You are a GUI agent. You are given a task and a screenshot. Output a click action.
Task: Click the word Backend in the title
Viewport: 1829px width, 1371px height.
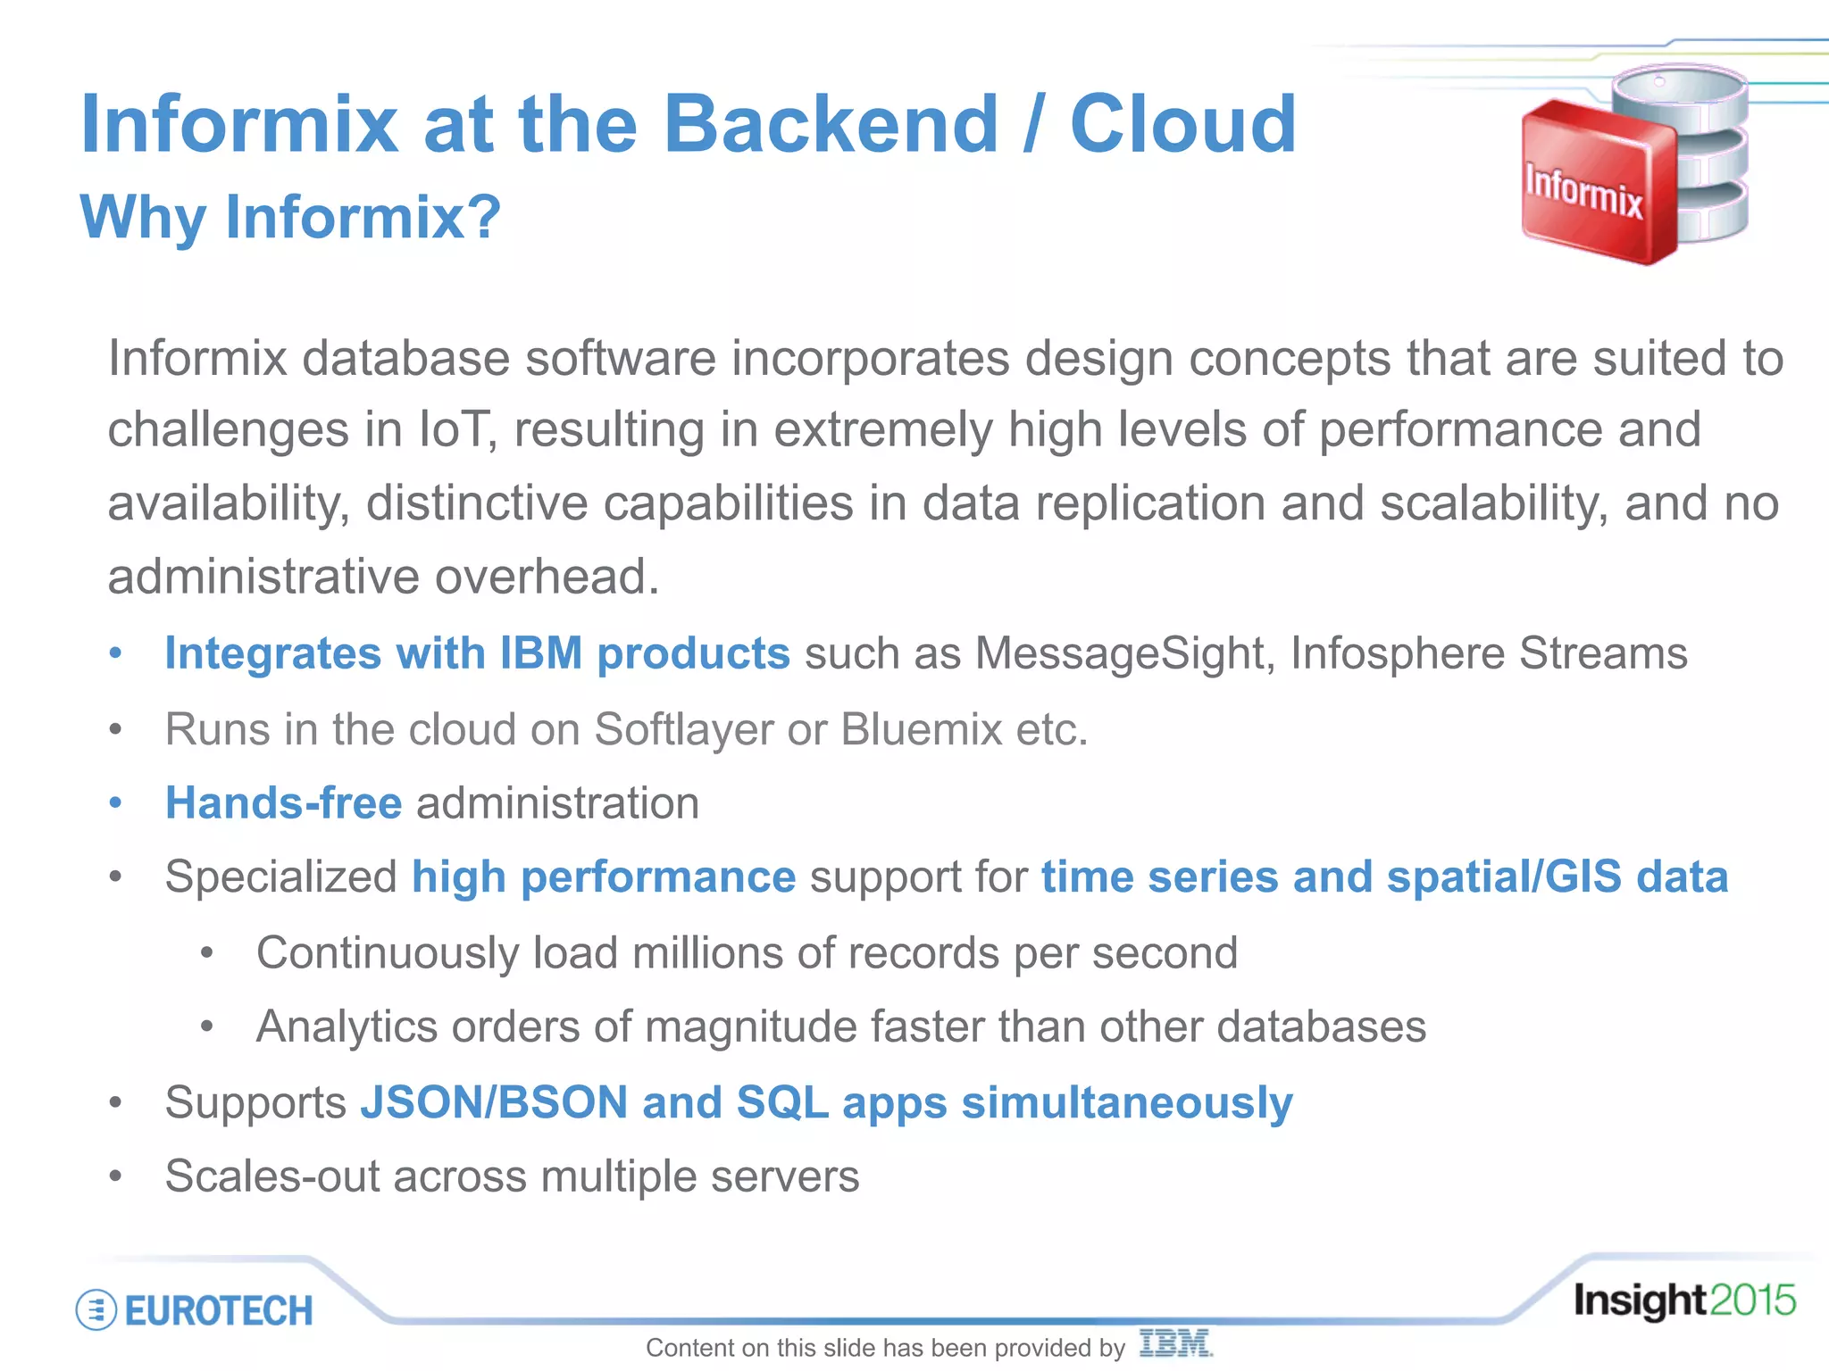[831, 125]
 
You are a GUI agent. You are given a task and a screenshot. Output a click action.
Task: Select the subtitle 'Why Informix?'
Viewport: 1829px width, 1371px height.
[290, 217]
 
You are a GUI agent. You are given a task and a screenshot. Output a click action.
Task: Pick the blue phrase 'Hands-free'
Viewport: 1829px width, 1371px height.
[284, 803]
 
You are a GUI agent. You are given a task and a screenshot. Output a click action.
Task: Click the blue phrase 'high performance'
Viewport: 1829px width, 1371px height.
[603, 877]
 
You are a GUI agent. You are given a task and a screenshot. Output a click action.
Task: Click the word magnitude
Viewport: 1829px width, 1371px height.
[750, 1026]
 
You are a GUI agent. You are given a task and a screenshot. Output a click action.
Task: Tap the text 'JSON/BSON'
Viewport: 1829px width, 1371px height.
[494, 1102]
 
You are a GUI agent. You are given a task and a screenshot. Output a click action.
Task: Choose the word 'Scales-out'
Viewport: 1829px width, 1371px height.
[272, 1176]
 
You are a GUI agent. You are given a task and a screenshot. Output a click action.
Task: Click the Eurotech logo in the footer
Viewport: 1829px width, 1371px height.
[195, 1310]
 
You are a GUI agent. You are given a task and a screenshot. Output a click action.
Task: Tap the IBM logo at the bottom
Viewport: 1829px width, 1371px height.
[1175, 1343]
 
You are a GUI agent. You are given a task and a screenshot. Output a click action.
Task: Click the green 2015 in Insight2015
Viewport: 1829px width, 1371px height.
[1752, 1300]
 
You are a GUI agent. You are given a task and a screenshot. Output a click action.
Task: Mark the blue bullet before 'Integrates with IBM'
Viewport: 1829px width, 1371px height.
[115, 654]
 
